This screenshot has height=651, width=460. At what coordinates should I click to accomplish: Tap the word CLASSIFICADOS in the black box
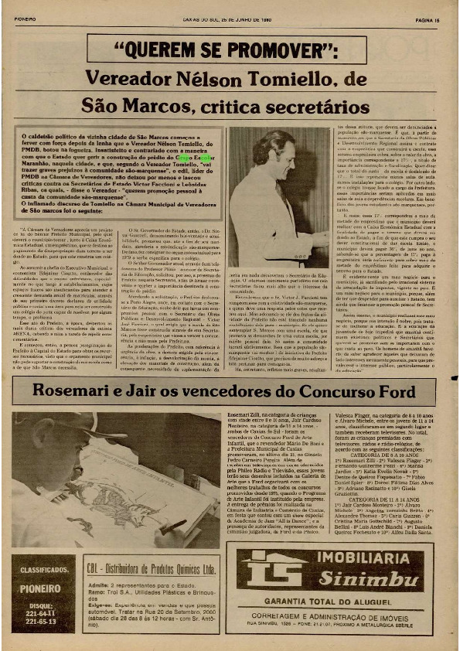(43, 570)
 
